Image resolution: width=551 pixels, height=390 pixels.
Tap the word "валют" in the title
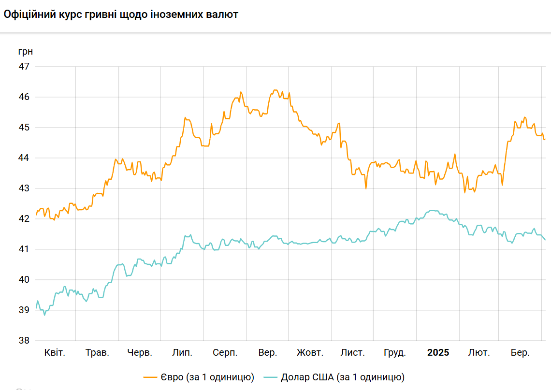tap(222, 14)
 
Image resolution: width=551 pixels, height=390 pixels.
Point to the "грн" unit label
tap(26, 51)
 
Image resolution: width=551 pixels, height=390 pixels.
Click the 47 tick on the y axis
tap(24, 66)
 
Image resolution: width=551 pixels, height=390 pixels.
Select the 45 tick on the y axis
tap(24, 128)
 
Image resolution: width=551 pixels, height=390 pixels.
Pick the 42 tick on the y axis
tap(24, 219)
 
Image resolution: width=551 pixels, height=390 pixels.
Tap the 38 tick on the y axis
tap(24, 341)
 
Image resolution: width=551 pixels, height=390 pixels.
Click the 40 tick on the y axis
tap(24, 280)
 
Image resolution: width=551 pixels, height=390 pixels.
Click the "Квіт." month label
tap(54, 353)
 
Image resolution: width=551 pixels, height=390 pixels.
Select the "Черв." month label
tap(140, 353)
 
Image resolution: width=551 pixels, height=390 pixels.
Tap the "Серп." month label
tap(225, 353)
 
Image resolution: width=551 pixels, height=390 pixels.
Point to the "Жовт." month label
tap(310, 353)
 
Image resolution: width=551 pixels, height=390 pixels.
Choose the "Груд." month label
tap(395, 353)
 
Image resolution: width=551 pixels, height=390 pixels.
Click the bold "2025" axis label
tap(438, 353)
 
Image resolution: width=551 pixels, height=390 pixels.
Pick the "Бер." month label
tap(520, 353)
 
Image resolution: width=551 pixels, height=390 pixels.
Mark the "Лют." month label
tap(478, 353)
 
